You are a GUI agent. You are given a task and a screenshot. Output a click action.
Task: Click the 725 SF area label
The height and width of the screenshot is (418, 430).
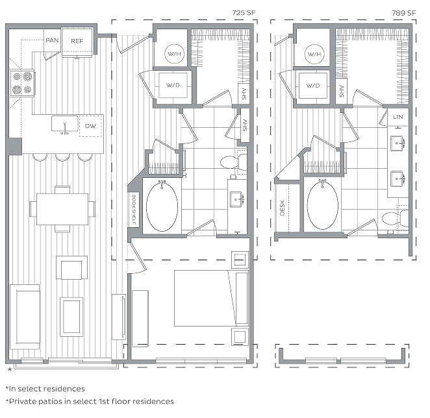click(244, 12)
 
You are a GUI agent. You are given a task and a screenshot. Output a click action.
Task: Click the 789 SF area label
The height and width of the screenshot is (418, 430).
click(403, 13)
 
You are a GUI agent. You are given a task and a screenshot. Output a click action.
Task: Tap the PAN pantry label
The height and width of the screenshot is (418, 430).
click(52, 40)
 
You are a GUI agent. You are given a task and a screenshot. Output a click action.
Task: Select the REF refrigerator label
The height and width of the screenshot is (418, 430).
click(77, 41)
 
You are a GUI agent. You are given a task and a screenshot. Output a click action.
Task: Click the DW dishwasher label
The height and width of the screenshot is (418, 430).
click(90, 126)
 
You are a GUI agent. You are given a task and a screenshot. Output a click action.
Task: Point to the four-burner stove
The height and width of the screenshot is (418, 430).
click(22, 83)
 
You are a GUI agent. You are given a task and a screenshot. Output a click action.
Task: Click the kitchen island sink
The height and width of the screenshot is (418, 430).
click(65, 124)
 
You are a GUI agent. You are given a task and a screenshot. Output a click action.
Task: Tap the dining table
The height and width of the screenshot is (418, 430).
click(62, 209)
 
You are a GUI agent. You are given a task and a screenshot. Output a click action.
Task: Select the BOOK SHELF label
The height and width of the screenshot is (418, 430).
click(134, 210)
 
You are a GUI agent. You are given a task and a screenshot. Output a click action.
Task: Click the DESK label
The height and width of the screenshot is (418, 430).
click(283, 208)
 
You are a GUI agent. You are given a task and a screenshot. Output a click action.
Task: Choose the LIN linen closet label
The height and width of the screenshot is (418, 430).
click(398, 117)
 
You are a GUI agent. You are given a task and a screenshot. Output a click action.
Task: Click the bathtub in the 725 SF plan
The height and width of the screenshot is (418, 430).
click(162, 206)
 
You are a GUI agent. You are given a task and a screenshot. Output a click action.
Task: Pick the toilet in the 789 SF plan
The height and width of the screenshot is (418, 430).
click(395, 219)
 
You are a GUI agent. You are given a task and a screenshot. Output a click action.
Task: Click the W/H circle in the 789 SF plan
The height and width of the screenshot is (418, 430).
click(314, 54)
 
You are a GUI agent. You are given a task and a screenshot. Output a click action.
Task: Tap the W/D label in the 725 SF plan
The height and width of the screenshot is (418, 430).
click(173, 85)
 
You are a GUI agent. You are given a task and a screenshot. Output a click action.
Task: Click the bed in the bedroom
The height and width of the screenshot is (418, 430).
click(211, 298)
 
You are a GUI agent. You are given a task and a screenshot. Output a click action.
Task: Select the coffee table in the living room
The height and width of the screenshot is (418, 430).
click(71, 317)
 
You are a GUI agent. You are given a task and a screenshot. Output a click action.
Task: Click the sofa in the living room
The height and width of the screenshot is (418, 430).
click(25, 317)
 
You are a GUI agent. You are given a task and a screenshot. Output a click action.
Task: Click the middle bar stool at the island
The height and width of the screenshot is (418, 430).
click(62, 158)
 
